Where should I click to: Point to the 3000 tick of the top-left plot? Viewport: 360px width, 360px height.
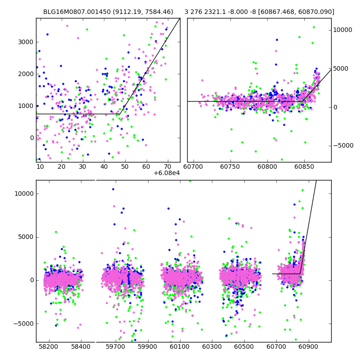click(26, 42)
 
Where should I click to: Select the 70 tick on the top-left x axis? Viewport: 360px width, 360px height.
click(167, 166)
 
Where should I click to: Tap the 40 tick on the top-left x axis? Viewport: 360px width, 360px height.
click(104, 166)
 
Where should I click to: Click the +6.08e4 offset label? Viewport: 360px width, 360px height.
click(166, 173)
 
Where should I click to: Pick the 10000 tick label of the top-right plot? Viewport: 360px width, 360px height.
click(342, 30)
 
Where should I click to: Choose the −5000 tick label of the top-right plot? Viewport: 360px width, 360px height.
click(343, 146)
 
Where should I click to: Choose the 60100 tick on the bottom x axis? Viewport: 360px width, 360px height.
click(180, 346)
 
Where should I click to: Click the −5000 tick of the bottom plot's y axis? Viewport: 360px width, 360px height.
click(22, 324)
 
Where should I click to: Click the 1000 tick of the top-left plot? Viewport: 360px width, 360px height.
click(26, 106)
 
